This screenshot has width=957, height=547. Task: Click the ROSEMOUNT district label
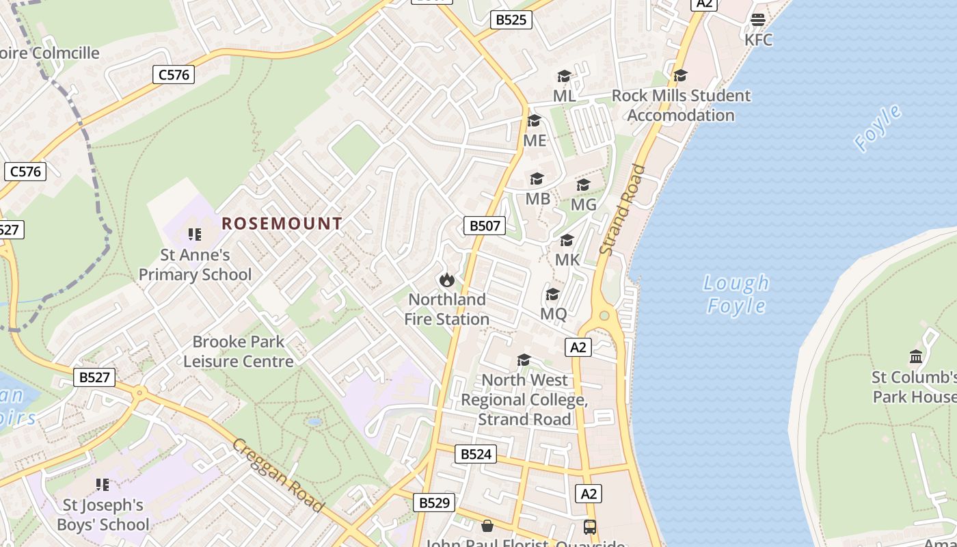[282, 224]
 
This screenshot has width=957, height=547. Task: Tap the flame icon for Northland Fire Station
[447, 280]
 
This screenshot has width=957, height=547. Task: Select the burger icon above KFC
[757, 20]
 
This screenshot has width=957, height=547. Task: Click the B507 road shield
[485, 226]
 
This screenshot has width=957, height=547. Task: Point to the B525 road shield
[511, 20]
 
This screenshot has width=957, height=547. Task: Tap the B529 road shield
[434, 503]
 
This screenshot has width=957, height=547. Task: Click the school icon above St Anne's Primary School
[195, 235]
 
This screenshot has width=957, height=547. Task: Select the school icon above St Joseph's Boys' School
[103, 485]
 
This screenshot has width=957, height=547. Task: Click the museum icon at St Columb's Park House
[915, 357]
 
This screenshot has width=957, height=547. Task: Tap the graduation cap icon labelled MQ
[552, 295]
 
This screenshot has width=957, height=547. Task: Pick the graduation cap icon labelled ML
[564, 76]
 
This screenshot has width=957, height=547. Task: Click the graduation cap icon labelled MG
[583, 185]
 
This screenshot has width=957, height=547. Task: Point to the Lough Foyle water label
[736, 294]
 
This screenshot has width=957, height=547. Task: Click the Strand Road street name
[622, 209]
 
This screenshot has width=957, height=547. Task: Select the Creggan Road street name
[277, 475]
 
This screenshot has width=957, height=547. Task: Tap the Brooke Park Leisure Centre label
[239, 351]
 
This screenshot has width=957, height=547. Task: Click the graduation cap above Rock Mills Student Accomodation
[680, 75]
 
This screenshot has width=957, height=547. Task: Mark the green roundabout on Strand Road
[604, 316]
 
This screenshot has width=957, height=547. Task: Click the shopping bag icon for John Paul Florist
[487, 526]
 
